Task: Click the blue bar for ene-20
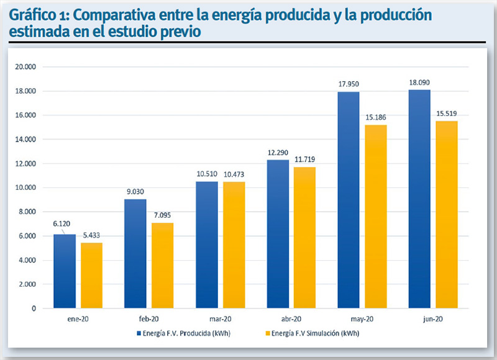[x=64, y=271]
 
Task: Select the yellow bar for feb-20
[x=162, y=266]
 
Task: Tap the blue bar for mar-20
[x=207, y=245]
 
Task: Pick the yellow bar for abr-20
[x=304, y=238]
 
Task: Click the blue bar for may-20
[x=349, y=200]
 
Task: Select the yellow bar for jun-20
[x=446, y=215]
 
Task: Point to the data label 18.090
[x=420, y=82]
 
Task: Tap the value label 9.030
[x=135, y=191]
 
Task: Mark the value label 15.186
[x=375, y=117]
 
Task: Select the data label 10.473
[x=234, y=174]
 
